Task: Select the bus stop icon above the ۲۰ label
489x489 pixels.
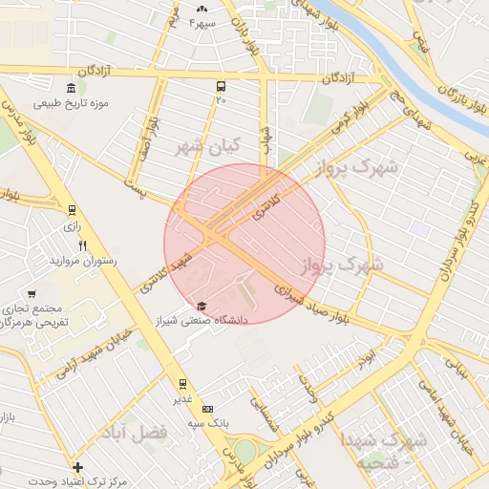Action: point(222,85)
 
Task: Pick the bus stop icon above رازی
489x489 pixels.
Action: point(72,212)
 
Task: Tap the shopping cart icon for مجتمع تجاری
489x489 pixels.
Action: point(32,294)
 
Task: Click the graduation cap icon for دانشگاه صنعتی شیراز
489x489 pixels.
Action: point(201,307)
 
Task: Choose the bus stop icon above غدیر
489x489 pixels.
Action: point(182,384)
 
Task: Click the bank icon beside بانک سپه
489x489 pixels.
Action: point(208,408)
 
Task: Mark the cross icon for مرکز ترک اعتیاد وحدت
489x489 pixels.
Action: point(77,467)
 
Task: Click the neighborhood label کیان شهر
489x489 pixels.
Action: point(204,148)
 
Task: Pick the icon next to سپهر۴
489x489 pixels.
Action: point(202,9)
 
